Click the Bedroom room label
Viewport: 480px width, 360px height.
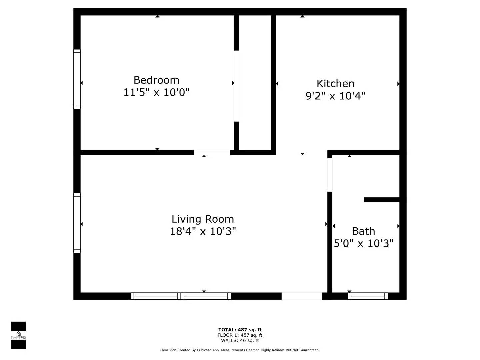coord(156,80)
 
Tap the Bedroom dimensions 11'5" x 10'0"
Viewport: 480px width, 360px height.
coord(156,92)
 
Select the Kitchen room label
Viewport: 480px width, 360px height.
coord(335,83)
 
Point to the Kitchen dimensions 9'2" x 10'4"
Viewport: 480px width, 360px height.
coord(335,96)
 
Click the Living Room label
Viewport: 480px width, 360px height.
coord(203,219)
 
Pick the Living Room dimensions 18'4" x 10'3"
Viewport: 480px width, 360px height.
coord(203,231)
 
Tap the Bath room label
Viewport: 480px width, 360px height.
coord(363,231)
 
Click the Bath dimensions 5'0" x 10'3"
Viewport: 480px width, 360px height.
coord(364,243)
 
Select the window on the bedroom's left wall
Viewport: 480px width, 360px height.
coord(77,79)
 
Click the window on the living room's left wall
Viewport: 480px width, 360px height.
coord(77,223)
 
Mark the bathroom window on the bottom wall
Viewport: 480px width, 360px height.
coord(368,296)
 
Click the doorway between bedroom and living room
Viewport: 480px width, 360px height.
coord(212,153)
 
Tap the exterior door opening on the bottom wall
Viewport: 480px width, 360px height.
coord(302,296)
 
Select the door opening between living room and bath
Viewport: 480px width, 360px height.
coord(330,175)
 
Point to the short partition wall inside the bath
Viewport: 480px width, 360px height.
coord(382,200)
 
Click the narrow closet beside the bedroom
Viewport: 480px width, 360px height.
coord(255,83)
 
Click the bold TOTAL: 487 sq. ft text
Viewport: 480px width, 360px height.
coord(240,330)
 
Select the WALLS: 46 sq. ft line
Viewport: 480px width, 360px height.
coord(240,340)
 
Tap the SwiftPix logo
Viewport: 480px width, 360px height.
coord(18,335)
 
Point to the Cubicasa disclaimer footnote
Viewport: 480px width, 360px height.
coord(240,350)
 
